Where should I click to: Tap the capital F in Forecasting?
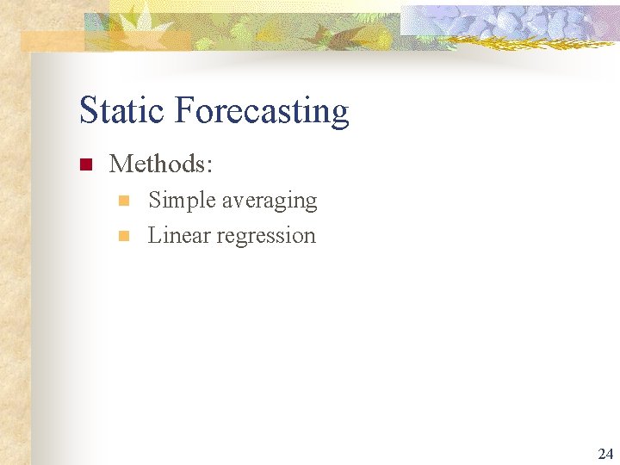pos(183,111)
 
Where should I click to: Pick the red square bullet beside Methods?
pos(84,164)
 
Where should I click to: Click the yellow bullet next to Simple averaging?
pos(123,201)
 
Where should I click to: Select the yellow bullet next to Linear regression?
pos(123,236)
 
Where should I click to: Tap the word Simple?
pos(182,201)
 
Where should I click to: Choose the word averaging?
pos(270,201)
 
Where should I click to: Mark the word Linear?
pos(178,235)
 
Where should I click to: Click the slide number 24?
pos(605,453)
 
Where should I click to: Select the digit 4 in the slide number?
pos(610,453)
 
